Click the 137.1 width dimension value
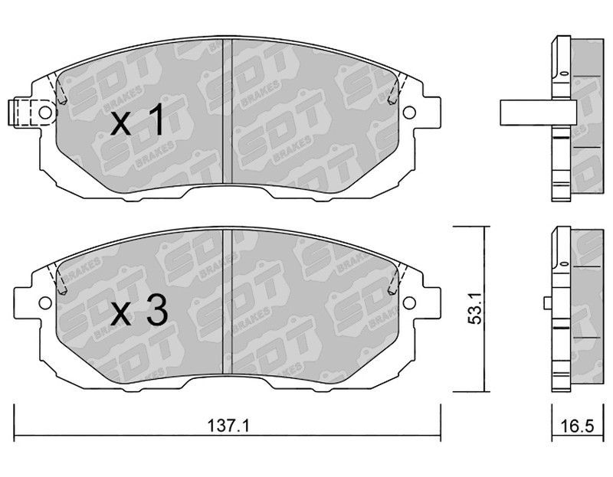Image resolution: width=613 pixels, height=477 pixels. click(x=228, y=426)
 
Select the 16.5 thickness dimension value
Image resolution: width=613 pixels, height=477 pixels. click(x=576, y=426)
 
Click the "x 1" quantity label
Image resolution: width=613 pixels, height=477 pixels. click(x=136, y=120)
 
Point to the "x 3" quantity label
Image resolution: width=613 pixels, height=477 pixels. click(x=139, y=311)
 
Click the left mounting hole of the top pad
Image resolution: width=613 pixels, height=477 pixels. click(x=45, y=113)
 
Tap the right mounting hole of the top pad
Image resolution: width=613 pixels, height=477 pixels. click(x=409, y=113)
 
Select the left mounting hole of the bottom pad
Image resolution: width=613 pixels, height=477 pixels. click(x=45, y=302)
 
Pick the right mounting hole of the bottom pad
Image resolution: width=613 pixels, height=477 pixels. click(x=409, y=302)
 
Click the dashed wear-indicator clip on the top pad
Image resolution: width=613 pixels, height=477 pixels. click(x=24, y=113)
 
